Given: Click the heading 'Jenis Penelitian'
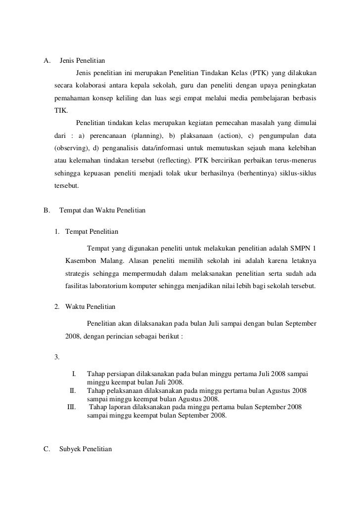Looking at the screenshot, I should click(x=82, y=61).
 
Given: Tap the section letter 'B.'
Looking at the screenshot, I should click(x=47, y=210).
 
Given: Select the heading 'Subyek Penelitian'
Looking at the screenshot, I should click(x=86, y=449).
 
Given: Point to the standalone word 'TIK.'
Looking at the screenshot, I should click(x=61, y=111).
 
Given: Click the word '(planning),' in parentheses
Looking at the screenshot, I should click(x=146, y=136).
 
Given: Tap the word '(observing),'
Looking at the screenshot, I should click(x=71, y=149).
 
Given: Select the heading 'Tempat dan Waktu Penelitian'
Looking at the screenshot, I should click(x=102, y=210).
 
